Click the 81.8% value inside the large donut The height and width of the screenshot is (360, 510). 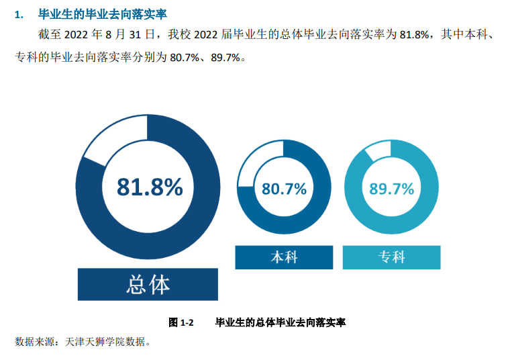(149, 187)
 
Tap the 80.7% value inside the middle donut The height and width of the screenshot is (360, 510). (284, 189)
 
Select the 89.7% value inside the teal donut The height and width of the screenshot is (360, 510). (392, 189)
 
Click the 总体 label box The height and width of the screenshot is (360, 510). (148, 285)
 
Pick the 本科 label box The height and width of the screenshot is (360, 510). (284, 257)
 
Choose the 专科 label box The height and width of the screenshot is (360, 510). (392, 257)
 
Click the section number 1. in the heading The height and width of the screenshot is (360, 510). (19, 14)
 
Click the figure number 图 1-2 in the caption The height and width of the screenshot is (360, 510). (181, 322)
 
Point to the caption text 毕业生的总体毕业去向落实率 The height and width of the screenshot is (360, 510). (280, 322)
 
